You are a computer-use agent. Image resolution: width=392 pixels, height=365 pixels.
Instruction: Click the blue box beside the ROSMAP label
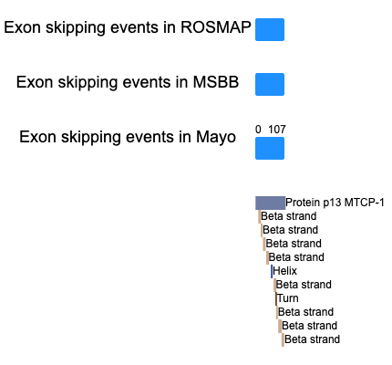[x=270, y=29]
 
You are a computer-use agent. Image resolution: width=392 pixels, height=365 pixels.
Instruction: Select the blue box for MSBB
[x=270, y=84]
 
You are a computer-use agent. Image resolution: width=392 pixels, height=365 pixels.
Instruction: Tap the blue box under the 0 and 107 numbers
[x=270, y=148]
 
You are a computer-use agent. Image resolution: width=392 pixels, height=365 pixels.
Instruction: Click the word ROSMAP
[x=216, y=27]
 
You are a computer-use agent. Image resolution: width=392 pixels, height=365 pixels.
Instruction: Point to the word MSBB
[x=216, y=82]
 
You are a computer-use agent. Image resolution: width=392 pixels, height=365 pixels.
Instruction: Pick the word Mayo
[x=216, y=137]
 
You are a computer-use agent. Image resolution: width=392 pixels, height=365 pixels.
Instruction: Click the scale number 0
[x=258, y=130]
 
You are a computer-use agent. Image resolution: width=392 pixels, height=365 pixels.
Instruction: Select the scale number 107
[x=277, y=130]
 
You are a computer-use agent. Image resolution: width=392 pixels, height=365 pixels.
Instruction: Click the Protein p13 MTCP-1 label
[x=335, y=203]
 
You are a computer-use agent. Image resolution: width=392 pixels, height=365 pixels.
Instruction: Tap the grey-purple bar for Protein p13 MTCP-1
[x=270, y=203]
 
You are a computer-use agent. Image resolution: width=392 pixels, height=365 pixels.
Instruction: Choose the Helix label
[x=284, y=271]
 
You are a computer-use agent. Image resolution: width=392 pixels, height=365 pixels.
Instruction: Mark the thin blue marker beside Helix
[x=272, y=271]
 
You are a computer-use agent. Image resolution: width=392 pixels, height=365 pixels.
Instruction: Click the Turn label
[x=288, y=298]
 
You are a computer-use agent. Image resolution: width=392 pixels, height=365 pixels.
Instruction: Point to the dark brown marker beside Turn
[x=276, y=298]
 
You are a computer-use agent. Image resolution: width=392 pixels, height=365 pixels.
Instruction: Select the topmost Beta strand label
[x=289, y=216]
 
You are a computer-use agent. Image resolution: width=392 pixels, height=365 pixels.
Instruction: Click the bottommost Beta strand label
[x=312, y=339]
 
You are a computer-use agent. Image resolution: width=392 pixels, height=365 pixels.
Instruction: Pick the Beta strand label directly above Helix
[x=296, y=257]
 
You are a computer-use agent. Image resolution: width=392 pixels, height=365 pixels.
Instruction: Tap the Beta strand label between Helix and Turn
[x=304, y=285]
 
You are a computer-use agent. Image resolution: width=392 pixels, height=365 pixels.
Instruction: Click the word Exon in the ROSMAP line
[x=23, y=27]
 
